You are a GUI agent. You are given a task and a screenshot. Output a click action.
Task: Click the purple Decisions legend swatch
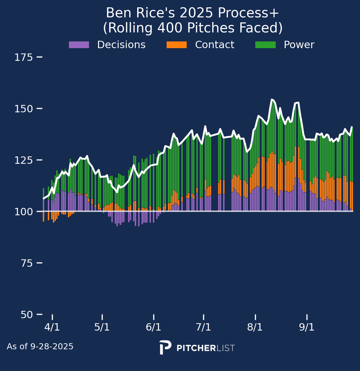79,45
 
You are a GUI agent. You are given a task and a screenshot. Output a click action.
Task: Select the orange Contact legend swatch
177,45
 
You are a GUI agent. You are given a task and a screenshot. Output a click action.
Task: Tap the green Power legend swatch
265,45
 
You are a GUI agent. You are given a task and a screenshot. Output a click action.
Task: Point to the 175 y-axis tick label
23,57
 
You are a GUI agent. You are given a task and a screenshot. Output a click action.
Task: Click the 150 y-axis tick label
23,109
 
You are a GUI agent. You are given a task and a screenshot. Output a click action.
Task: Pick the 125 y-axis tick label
23,160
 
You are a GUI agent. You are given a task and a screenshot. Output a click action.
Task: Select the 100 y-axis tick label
23,212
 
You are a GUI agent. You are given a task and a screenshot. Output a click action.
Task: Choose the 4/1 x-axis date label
52,327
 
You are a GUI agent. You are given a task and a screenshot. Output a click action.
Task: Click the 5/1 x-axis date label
102,327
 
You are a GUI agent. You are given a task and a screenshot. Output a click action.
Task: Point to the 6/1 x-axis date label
154,327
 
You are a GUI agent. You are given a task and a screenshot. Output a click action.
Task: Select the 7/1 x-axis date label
203,327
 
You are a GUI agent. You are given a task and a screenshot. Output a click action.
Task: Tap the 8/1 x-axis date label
255,327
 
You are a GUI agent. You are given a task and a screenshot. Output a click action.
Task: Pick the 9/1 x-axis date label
307,327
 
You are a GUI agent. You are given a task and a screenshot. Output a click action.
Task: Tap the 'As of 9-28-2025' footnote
40,347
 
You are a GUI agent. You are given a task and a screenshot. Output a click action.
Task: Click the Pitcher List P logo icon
165,348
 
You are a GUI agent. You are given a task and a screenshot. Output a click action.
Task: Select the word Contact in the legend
214,45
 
